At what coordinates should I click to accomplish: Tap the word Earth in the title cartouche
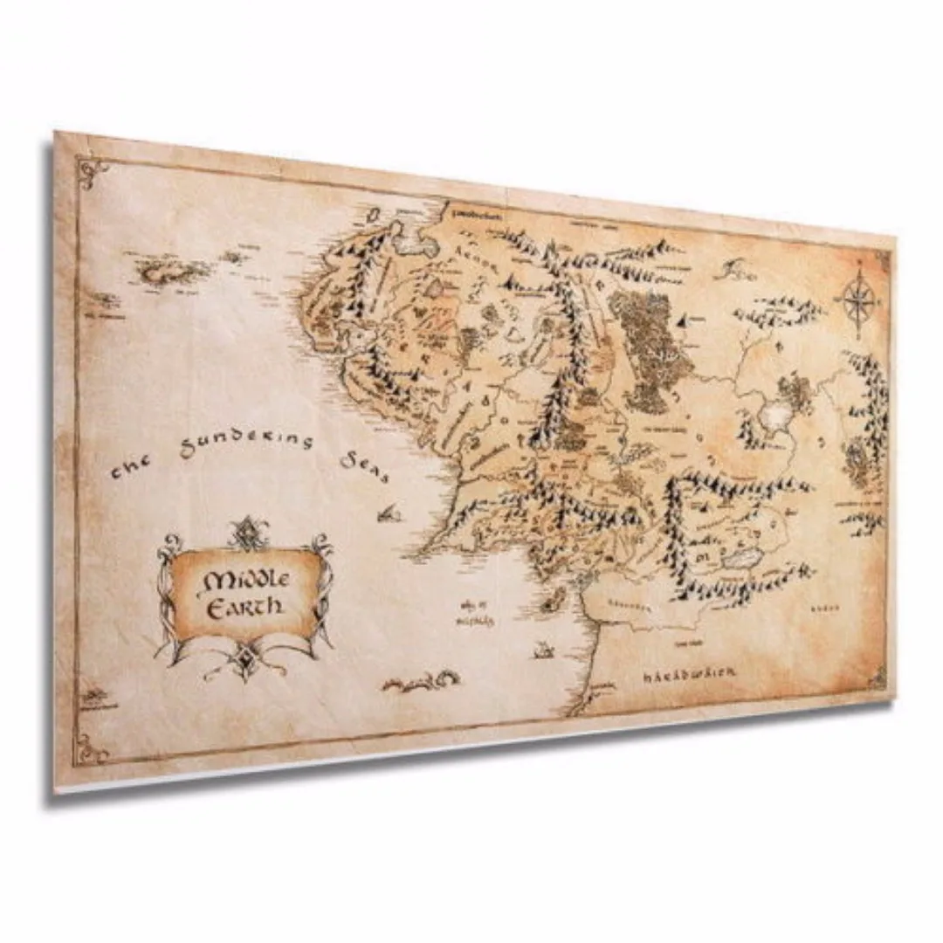(245, 605)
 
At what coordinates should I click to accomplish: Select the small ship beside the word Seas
(388, 513)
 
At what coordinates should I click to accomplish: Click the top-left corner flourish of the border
(93, 169)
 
